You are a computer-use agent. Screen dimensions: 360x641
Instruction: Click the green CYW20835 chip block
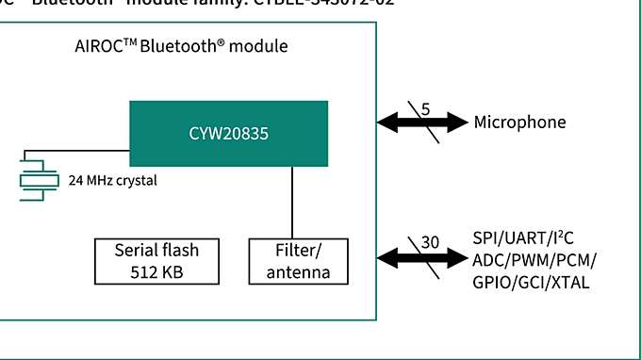point(228,134)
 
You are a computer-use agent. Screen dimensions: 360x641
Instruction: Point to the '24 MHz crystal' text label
point(112,180)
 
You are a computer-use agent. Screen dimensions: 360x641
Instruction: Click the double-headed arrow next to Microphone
point(421,122)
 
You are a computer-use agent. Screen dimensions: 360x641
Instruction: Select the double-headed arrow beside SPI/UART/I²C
point(421,255)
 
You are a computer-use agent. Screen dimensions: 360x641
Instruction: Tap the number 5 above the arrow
point(425,108)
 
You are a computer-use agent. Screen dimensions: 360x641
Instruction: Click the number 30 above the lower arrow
point(430,242)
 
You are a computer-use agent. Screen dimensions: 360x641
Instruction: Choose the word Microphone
point(519,123)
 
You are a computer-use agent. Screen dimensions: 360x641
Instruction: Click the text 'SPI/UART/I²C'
point(524,240)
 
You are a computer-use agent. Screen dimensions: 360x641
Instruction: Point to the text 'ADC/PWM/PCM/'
point(534,260)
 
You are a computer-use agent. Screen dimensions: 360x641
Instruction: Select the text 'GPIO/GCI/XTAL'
point(531,281)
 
